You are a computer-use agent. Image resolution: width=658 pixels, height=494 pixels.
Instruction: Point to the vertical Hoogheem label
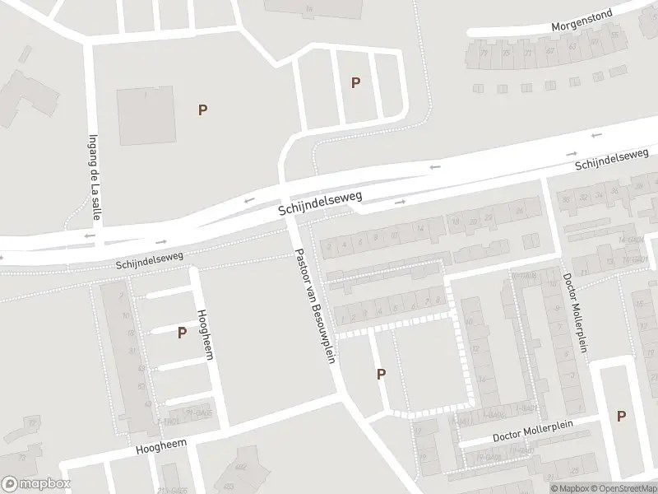point(202,332)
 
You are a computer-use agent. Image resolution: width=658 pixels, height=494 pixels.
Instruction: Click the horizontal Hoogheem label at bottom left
point(161,448)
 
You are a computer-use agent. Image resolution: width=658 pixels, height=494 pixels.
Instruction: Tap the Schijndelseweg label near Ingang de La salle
point(150,261)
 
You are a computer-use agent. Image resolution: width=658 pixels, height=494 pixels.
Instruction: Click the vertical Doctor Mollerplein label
point(575,313)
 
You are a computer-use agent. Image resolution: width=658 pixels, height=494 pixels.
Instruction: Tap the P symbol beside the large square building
point(202,110)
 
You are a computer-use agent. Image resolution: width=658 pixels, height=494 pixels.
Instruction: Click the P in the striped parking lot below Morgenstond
point(355,82)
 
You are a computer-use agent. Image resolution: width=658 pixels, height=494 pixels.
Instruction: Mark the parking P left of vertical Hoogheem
point(182,333)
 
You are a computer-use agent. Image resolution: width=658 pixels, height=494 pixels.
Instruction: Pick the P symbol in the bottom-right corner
point(621,417)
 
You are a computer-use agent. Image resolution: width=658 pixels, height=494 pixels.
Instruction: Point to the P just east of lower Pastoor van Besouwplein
point(381,375)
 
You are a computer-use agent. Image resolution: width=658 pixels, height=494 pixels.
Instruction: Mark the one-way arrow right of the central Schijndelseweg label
point(401,202)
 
